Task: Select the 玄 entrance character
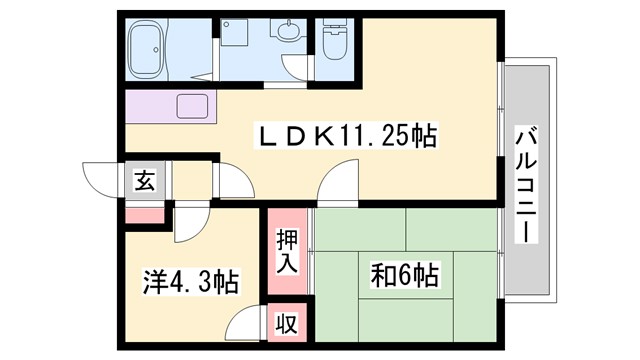[145, 182]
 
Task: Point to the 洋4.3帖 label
[190, 283]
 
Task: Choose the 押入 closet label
[287, 250]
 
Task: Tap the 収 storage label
[287, 325]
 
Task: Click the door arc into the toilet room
[335, 74]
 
